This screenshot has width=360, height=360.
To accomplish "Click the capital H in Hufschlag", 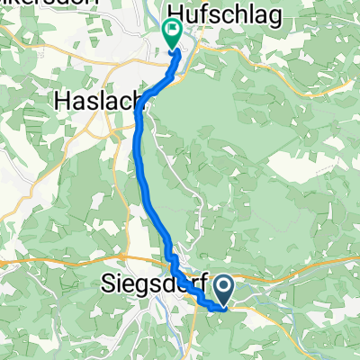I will pos(175,13).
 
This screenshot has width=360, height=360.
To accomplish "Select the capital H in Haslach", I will pos(60,98).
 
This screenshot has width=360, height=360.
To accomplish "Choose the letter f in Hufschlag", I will pos(205,13).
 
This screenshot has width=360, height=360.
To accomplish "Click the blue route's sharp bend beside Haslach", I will pos(139,103).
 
